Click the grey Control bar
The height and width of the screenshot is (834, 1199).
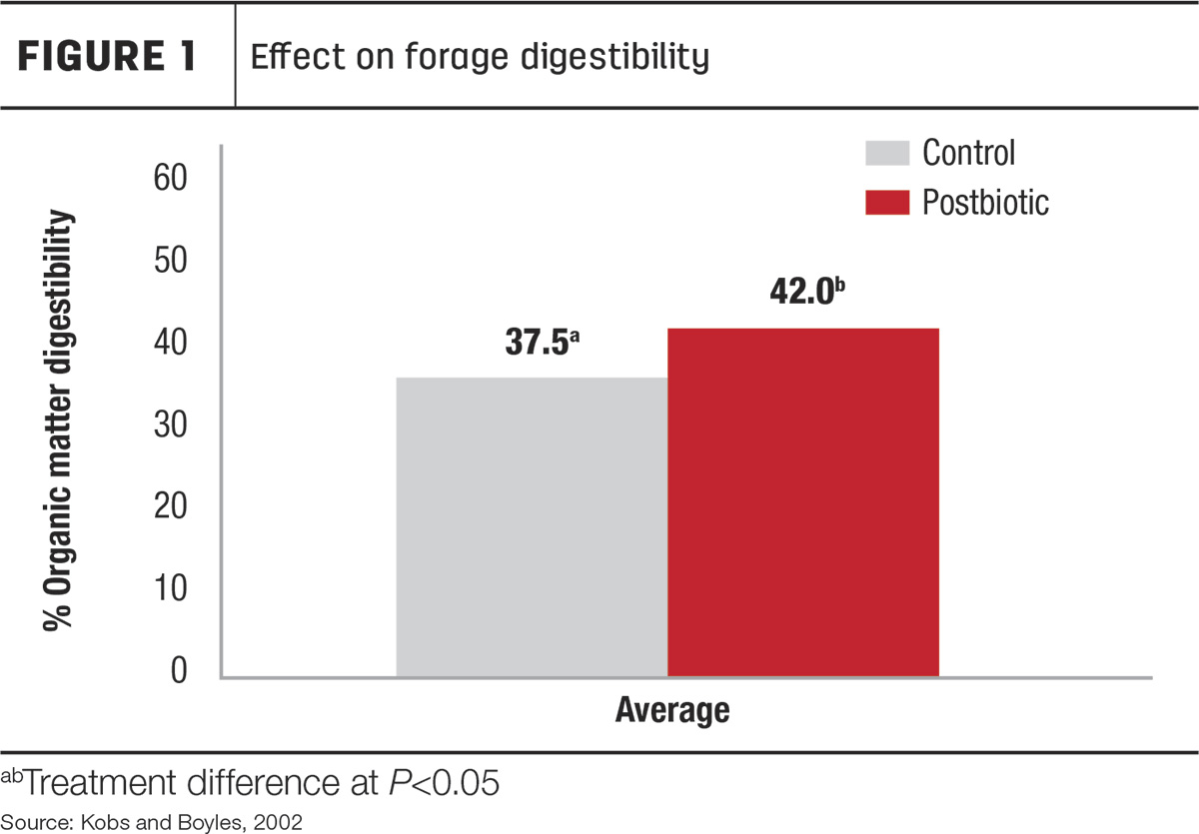(532, 527)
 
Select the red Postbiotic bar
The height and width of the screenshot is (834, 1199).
(803, 502)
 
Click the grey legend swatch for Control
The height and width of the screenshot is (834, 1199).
(887, 153)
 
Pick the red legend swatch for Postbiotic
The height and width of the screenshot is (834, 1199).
(887, 203)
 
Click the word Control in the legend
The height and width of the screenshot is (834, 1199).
(968, 153)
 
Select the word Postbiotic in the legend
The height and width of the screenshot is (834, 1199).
(985, 203)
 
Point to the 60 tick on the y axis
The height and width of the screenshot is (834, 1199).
(170, 178)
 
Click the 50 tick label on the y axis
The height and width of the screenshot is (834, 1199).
(170, 260)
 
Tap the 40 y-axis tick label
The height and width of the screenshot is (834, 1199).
(170, 343)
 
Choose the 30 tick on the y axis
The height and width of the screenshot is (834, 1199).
(170, 424)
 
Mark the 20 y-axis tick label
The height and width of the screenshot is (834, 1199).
(170, 506)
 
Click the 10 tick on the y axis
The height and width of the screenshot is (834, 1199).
(170, 588)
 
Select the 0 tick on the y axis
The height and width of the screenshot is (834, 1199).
(179, 670)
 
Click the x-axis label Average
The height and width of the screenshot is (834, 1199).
(672, 711)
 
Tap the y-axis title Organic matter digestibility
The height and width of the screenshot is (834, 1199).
(58, 419)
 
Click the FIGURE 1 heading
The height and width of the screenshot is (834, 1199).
(107, 56)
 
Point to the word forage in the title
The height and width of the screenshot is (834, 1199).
(456, 58)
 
